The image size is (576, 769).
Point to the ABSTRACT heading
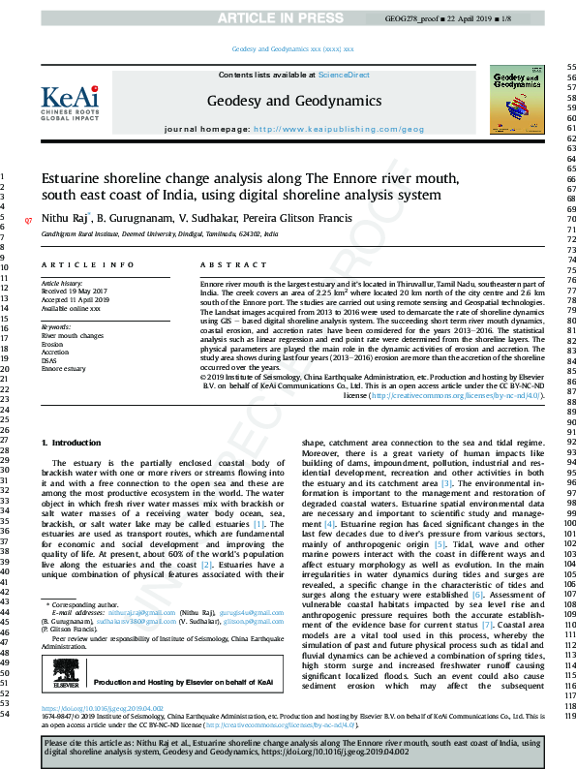tap(220, 264)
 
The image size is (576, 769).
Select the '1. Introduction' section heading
tap(69, 442)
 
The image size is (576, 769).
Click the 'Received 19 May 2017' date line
tap(74, 290)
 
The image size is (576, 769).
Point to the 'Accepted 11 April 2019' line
tap(76, 298)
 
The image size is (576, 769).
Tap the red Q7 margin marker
tap(28, 221)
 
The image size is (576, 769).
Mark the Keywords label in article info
tap(56, 326)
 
